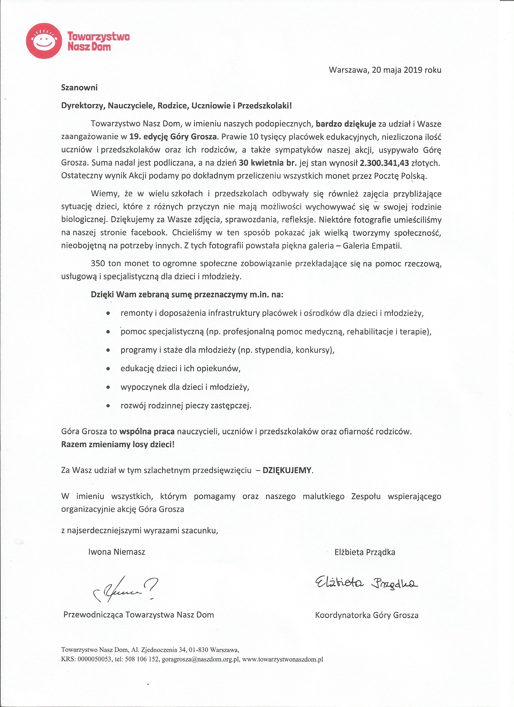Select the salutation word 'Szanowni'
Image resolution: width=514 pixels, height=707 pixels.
pyautogui.click(x=79, y=88)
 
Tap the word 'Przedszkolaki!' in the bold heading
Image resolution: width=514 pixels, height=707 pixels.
pyautogui.click(x=264, y=106)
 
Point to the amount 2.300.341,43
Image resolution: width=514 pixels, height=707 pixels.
pyautogui.click(x=384, y=163)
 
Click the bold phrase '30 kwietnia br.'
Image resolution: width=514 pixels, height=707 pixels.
pyautogui.click(x=268, y=163)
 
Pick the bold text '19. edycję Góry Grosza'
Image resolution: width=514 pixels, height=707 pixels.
pyautogui.click(x=173, y=137)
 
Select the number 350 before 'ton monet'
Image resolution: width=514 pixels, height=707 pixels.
pyautogui.click(x=98, y=264)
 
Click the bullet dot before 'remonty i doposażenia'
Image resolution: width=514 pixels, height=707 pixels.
pyautogui.click(x=108, y=313)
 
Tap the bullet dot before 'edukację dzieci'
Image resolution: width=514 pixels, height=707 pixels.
pyautogui.click(x=108, y=369)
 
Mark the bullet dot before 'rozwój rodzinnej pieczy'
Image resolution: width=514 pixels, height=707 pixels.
pyautogui.click(x=108, y=406)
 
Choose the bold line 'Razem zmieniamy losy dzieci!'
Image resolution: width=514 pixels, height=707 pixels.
pyautogui.click(x=118, y=444)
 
